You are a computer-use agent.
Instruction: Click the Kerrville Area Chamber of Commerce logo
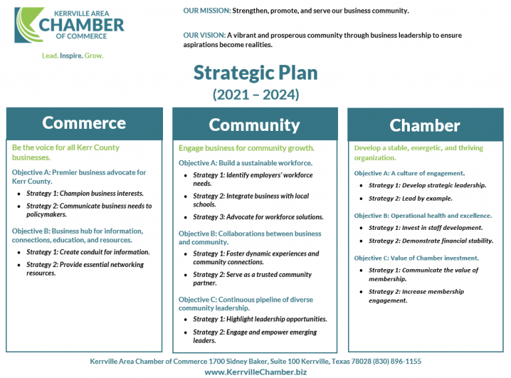[x=69, y=25]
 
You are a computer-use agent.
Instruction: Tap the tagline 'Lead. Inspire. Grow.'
[x=73, y=56]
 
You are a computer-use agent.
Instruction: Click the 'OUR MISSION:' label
[x=207, y=11]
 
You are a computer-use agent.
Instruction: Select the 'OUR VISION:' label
[x=204, y=35]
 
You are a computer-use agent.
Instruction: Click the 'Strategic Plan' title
[x=255, y=72]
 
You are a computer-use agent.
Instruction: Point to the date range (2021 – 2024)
[x=255, y=94]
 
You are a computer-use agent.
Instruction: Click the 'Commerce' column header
[x=84, y=123]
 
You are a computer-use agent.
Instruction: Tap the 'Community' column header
[x=254, y=125]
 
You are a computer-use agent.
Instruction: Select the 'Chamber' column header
[x=425, y=126]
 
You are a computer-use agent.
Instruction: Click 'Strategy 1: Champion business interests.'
[x=85, y=194]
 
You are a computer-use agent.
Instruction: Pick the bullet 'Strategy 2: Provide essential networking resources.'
[x=85, y=268]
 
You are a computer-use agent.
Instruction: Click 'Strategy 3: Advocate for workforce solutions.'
[x=258, y=217]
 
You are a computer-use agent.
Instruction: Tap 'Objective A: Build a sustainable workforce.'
[x=245, y=163]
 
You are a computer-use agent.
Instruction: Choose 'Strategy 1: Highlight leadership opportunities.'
[x=259, y=320]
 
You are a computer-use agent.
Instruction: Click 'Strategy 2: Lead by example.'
[x=410, y=199]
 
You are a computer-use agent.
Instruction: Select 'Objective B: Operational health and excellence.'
[x=423, y=216]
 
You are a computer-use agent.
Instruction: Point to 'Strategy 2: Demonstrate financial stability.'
[x=430, y=241]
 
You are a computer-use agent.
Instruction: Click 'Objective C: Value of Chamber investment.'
[x=416, y=258]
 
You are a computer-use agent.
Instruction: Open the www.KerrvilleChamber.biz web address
[x=255, y=372]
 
